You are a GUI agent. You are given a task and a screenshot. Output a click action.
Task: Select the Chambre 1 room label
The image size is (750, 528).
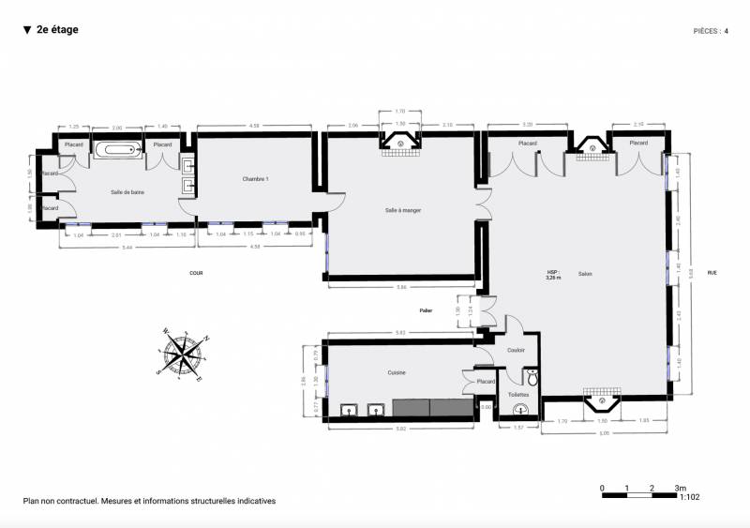[x=256, y=179]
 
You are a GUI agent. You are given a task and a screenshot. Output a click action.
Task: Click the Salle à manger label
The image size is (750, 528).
[x=403, y=210]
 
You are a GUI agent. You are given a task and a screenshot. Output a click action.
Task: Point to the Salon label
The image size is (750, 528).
[x=585, y=274]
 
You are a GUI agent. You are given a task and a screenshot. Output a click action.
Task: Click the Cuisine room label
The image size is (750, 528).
[x=397, y=372]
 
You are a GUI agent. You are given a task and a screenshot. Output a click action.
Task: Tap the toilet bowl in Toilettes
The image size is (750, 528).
[x=532, y=378]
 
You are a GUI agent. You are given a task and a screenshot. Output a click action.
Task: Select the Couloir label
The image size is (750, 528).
[x=516, y=350]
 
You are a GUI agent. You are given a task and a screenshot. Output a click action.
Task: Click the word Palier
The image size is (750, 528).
[x=427, y=309]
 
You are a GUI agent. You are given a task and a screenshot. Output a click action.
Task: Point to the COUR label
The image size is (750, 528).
[x=196, y=273]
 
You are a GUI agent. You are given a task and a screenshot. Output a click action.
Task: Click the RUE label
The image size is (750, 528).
[x=712, y=273]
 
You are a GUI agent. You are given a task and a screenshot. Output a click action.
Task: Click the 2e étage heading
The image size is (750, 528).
[x=56, y=30]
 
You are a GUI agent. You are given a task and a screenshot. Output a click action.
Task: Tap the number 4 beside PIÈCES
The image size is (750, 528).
[x=726, y=31]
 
